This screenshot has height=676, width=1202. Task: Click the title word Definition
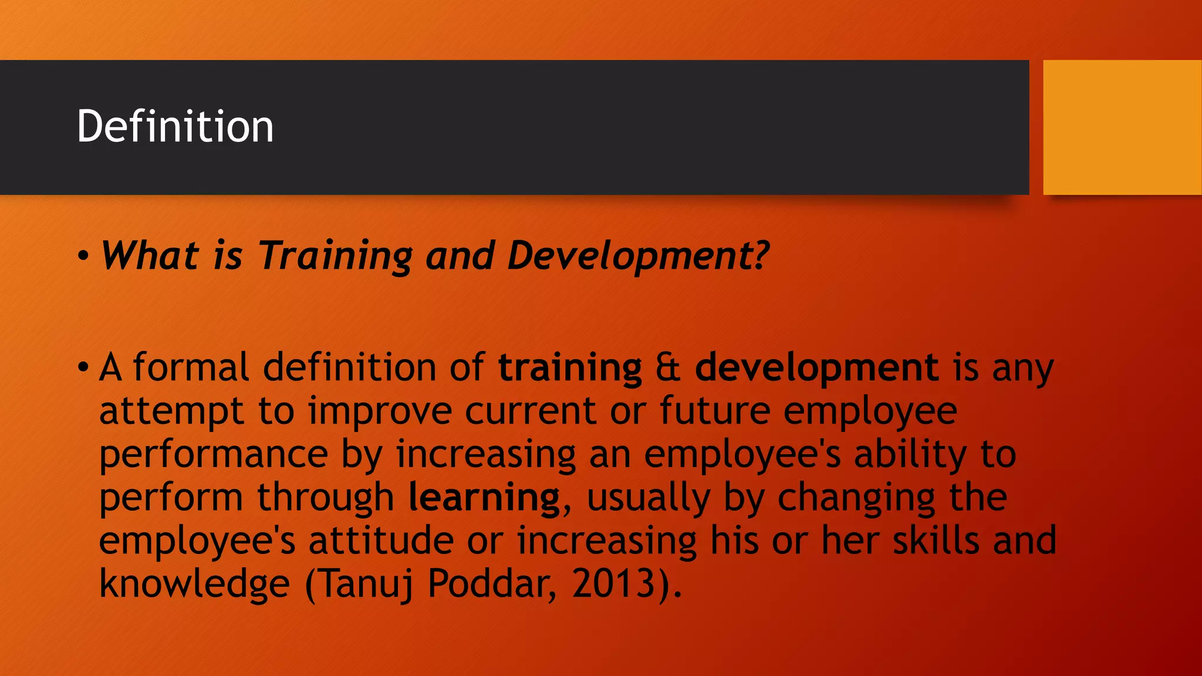[x=175, y=126]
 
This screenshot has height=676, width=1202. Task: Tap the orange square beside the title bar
[x=1122, y=127]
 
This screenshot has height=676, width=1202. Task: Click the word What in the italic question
[x=150, y=256]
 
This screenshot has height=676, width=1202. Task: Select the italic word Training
[x=336, y=257]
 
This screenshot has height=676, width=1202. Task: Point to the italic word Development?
[x=638, y=257]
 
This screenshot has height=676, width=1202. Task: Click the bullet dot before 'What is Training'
[x=83, y=256]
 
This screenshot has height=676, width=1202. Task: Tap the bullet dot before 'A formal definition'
[x=83, y=368]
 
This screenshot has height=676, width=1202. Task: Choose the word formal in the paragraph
[x=191, y=367]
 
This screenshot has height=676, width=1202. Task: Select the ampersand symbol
[x=668, y=367]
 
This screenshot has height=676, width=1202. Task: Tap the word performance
[x=213, y=455]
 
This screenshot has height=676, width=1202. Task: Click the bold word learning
[x=484, y=498]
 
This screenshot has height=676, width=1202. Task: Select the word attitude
[x=381, y=540]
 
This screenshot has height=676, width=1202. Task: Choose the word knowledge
[x=194, y=584]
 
